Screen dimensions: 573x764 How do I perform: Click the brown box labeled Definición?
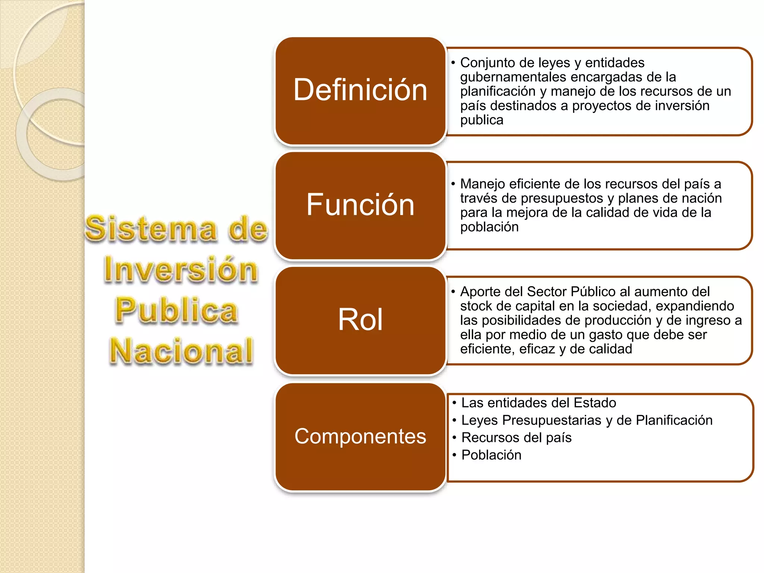pos(360,91)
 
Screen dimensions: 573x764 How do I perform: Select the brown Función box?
pos(360,205)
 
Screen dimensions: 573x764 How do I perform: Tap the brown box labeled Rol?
pos(360,320)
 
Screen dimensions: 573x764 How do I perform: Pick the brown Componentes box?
pos(360,436)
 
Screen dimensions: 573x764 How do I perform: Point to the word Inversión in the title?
pos(181,269)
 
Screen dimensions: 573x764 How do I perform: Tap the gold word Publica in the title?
pos(176,310)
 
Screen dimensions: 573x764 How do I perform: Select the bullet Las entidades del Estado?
pos(538,403)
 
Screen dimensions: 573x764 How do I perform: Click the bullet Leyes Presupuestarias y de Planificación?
pos(586,420)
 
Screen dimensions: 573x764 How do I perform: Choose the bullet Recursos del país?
pos(516,438)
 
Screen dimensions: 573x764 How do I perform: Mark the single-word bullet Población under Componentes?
pos(491,455)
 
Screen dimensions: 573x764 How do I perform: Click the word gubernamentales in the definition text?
pos(513,77)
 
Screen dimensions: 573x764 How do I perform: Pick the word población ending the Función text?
pos(489,227)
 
